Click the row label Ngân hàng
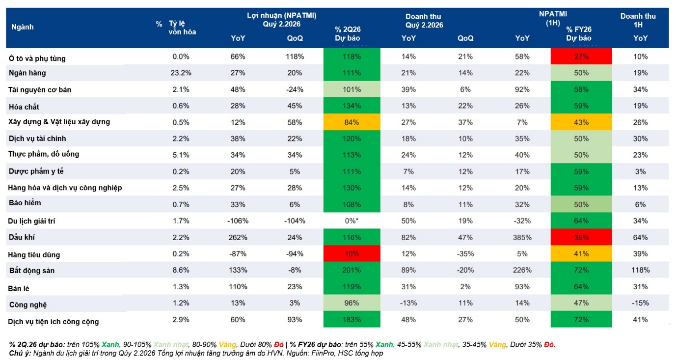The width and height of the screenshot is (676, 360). tap(27, 73)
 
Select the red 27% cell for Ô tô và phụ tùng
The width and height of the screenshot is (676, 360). tap(581, 56)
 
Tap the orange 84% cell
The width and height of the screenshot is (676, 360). tap(352, 122)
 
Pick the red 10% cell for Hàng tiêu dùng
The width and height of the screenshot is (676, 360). tap(352, 254)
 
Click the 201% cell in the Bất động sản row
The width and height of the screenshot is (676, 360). tap(352, 270)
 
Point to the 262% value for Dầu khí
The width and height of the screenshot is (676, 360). tap(238, 237)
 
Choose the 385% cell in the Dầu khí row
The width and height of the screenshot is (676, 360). tap(522, 237)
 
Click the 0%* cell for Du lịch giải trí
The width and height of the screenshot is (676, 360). tap(352, 221)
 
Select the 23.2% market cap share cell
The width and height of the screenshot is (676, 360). tap(181, 73)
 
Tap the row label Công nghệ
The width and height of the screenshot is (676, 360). tap(28, 305)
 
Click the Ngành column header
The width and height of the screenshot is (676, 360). tap(22, 27)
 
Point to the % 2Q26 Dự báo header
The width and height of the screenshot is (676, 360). tap(348, 33)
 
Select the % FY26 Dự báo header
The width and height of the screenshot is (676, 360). tap(579, 33)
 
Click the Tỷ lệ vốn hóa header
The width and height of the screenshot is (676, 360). tap(182, 28)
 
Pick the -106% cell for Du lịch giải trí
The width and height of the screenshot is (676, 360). tap(238, 221)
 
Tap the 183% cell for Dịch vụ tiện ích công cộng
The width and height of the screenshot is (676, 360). tap(352, 320)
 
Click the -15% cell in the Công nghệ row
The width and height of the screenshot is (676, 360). tap(640, 303)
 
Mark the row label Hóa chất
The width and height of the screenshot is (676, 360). tap(24, 107)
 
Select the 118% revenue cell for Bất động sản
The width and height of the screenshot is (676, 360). tap(640, 270)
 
